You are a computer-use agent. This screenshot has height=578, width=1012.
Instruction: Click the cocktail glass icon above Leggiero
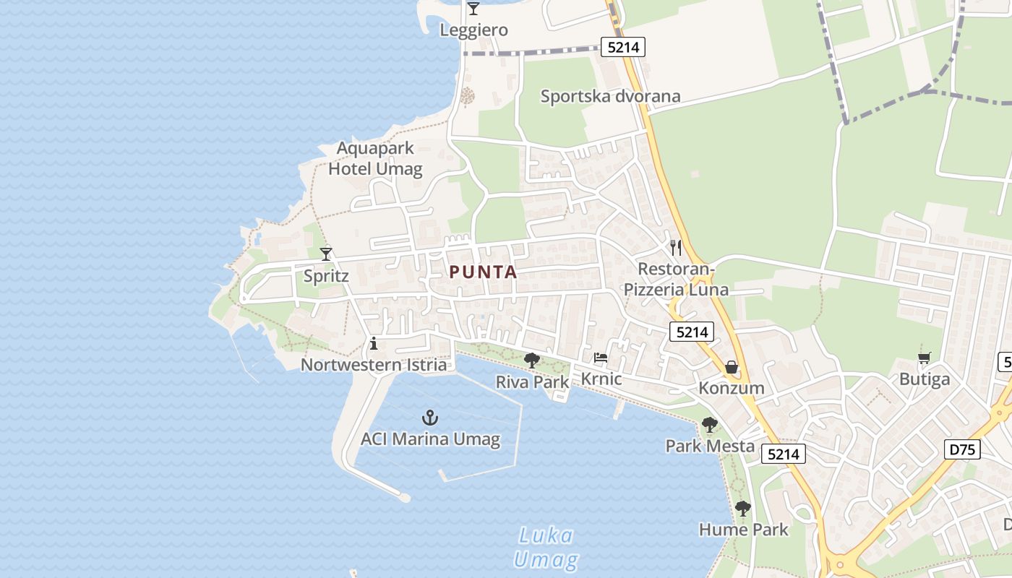[473, 9]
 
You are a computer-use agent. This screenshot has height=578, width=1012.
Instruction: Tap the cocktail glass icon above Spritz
[326, 254]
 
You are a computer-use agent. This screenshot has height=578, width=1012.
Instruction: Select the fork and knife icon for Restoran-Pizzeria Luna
[676, 248]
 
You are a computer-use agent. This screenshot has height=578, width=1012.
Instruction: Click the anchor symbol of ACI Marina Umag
[430, 418]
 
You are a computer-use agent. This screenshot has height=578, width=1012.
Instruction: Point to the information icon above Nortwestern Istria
[374, 343]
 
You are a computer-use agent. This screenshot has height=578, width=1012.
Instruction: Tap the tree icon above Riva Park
[532, 360]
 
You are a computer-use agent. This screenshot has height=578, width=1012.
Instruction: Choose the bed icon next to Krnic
[601, 358]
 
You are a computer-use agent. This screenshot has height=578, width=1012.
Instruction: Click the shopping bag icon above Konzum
[732, 367]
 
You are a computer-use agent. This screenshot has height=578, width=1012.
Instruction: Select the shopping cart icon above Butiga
[925, 358]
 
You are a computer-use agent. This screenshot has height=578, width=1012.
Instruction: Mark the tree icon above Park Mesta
[710, 425]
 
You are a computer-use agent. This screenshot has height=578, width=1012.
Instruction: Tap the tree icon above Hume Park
[742, 509]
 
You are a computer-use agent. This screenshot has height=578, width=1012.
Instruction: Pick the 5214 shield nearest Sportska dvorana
[622, 48]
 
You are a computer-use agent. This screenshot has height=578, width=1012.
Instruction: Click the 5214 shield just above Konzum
[692, 332]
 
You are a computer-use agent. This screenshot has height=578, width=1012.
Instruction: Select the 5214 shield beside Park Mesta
[784, 454]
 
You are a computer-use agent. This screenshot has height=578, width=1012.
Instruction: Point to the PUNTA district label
[483, 272]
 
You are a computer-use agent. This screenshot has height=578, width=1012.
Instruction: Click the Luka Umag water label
[546, 548]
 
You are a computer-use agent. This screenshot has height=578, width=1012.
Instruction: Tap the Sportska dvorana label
[610, 96]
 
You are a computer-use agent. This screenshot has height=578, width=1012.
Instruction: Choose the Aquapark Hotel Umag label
[375, 159]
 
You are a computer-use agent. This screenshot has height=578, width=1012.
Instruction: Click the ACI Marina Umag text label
[430, 439]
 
